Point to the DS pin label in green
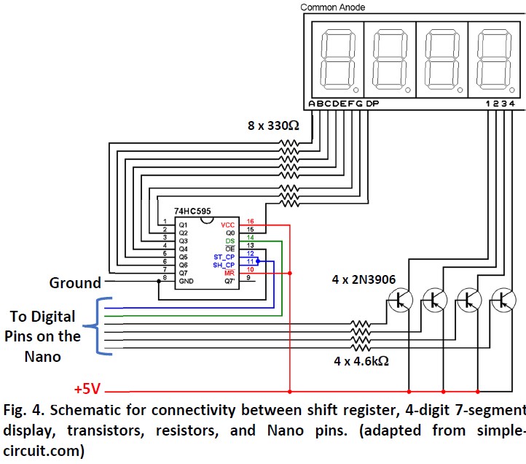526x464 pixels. (229, 240)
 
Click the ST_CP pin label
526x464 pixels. (224, 256)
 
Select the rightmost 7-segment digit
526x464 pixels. (492, 56)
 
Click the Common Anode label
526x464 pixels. (333, 7)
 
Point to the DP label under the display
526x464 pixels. (372, 104)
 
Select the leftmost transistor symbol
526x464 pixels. (399, 298)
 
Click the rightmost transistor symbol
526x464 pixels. (501, 298)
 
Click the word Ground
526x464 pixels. (75, 282)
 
